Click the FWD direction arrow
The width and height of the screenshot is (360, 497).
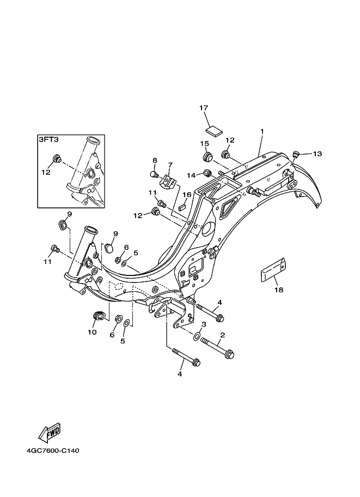49,433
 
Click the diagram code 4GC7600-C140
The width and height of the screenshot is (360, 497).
53,450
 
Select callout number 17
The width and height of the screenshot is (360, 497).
204,108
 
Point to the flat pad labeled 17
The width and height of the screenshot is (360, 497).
214,131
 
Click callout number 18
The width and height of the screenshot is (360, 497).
279,290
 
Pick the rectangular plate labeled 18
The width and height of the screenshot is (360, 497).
273,270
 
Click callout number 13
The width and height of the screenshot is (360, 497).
318,154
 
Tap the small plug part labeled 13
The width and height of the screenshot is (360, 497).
296,155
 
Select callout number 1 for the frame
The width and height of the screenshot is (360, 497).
263,131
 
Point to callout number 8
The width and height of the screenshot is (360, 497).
155,159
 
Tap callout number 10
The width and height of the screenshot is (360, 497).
92,332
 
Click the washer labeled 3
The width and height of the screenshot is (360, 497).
197,336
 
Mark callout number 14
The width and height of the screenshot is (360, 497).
191,175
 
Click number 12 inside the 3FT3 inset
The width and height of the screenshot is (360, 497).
46,172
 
